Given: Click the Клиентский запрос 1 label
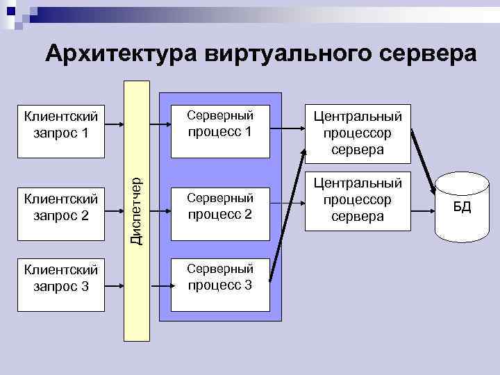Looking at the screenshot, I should click(x=61, y=123).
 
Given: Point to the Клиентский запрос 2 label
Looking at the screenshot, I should click(x=61, y=207).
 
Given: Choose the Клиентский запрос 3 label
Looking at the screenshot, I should click(x=61, y=276).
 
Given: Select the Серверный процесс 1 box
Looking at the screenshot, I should click(x=220, y=123).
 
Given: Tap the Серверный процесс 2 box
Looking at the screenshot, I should click(x=220, y=206).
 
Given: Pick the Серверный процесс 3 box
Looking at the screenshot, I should click(x=220, y=276).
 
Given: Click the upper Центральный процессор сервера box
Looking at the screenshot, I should click(x=357, y=132).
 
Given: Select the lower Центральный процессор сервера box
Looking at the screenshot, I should click(x=357, y=200).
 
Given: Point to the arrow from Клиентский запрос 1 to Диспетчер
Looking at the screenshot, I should click(x=112, y=124).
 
